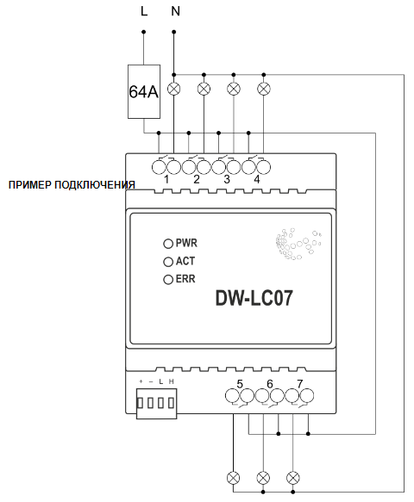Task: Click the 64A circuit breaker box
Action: [144, 91]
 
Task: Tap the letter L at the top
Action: [144, 11]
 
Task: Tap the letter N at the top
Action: [175, 11]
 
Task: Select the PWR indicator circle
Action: [168, 244]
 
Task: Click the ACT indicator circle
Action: [168, 262]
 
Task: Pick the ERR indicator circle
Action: [168, 280]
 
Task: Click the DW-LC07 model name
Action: [254, 299]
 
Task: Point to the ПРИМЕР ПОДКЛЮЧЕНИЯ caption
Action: [72, 185]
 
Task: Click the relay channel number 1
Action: [166, 180]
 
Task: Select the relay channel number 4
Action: [257, 180]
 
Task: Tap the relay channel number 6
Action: [270, 383]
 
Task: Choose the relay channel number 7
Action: [300, 383]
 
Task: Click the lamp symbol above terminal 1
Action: [174, 89]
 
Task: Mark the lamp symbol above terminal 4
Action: [264, 89]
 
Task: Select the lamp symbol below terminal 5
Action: [233, 478]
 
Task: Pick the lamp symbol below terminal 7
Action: [292, 478]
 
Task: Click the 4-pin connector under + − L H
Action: [156, 403]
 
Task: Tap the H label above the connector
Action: [172, 381]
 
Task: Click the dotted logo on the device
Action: [298, 244]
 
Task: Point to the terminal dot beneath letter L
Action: [144, 32]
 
